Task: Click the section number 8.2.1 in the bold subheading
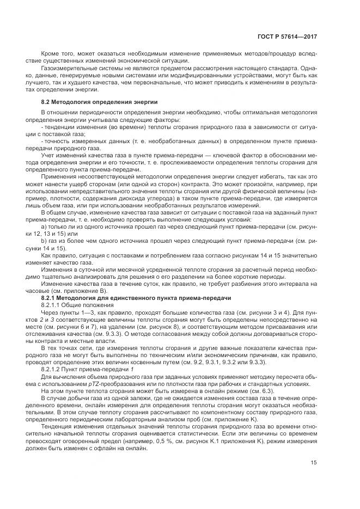click(x=52, y=299)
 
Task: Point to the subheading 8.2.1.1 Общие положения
click(x=74, y=306)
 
